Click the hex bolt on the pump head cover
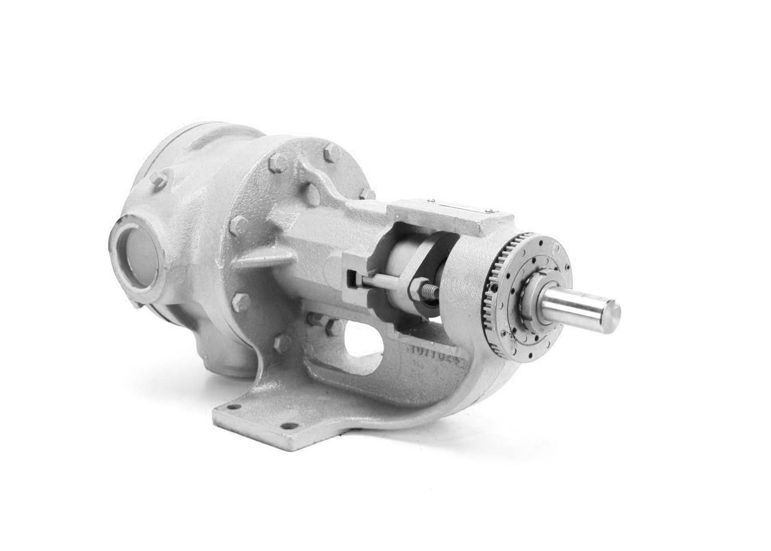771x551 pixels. (159, 180)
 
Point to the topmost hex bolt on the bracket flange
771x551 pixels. (330, 154)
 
